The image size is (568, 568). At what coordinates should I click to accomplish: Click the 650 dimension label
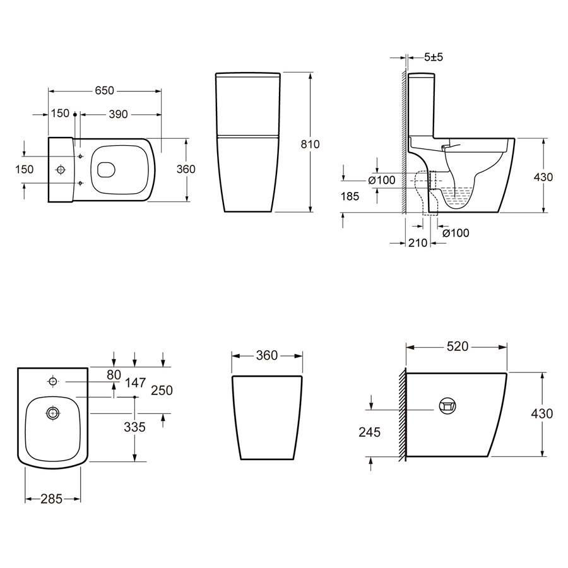[x=104, y=90]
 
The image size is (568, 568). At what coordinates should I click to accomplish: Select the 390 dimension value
[x=118, y=114]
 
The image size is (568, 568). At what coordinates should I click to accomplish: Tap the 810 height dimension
[x=310, y=144]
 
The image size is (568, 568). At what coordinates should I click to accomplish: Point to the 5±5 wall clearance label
[x=434, y=57]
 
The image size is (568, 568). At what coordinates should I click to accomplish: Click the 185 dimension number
[x=350, y=196]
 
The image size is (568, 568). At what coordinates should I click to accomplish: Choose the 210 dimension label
[x=418, y=243]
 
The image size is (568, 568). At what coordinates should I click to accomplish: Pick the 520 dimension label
[x=458, y=346]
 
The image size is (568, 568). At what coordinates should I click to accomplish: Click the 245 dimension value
[x=369, y=432]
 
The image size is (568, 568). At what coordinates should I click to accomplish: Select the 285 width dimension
[x=52, y=499]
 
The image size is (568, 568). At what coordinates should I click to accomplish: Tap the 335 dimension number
[x=134, y=427]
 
